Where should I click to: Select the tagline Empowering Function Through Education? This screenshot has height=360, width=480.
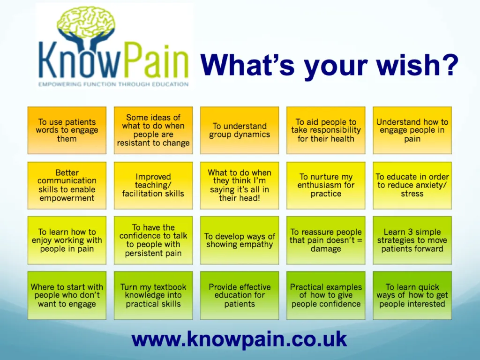(x=113, y=84)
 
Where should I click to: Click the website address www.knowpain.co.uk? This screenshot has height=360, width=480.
(x=239, y=339)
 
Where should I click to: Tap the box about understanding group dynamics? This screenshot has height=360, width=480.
(x=240, y=130)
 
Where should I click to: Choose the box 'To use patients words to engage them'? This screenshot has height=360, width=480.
(x=67, y=130)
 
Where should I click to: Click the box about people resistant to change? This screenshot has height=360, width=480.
(x=153, y=130)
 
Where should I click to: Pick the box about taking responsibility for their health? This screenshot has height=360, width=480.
(x=326, y=130)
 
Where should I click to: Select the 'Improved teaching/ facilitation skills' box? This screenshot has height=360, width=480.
(x=153, y=185)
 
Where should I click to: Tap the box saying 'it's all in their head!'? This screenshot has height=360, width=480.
(x=240, y=185)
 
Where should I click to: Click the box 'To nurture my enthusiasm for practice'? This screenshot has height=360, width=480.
(x=326, y=185)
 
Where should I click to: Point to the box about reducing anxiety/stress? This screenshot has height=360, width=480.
(x=412, y=185)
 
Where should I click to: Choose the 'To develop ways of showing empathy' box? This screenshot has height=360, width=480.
(x=240, y=240)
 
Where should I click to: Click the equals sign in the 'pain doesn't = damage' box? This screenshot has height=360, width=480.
(x=360, y=240)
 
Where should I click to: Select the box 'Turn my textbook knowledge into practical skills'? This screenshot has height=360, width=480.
(x=153, y=295)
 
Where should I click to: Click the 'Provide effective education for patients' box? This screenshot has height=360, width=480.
(x=240, y=295)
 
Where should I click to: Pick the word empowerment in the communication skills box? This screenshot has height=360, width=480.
(x=67, y=198)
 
